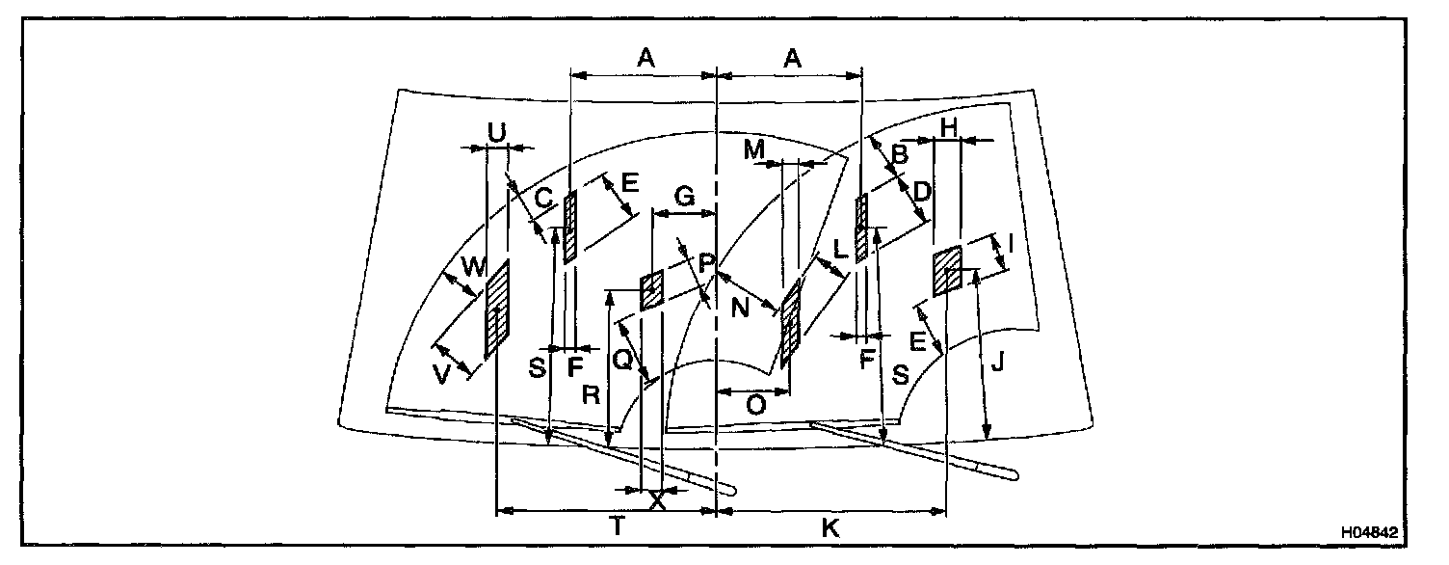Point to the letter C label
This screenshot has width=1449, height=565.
(x=543, y=199)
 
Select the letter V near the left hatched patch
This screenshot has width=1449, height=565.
(x=442, y=375)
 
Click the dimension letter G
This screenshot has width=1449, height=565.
(x=685, y=196)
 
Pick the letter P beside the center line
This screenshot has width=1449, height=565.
(x=706, y=261)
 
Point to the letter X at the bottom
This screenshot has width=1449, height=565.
(x=657, y=500)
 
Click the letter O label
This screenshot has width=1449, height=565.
(x=756, y=406)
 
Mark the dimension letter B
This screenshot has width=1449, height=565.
(x=898, y=153)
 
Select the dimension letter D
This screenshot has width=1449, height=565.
(x=921, y=192)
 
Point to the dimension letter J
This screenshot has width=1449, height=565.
(x=998, y=363)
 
